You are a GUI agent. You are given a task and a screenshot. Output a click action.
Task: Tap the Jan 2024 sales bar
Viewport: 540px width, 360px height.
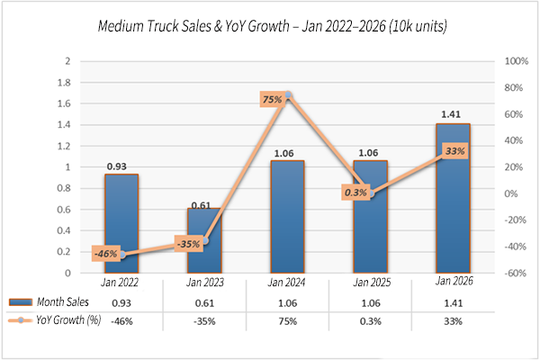[287, 216]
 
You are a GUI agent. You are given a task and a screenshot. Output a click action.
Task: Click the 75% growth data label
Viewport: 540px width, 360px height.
[273, 100]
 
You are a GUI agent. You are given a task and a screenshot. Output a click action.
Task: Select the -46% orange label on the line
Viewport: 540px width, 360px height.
[107, 255]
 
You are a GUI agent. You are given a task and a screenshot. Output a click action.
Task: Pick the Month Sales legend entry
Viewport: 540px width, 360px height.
[53, 302]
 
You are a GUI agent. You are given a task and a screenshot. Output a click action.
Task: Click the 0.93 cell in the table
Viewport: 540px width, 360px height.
[121, 303]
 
